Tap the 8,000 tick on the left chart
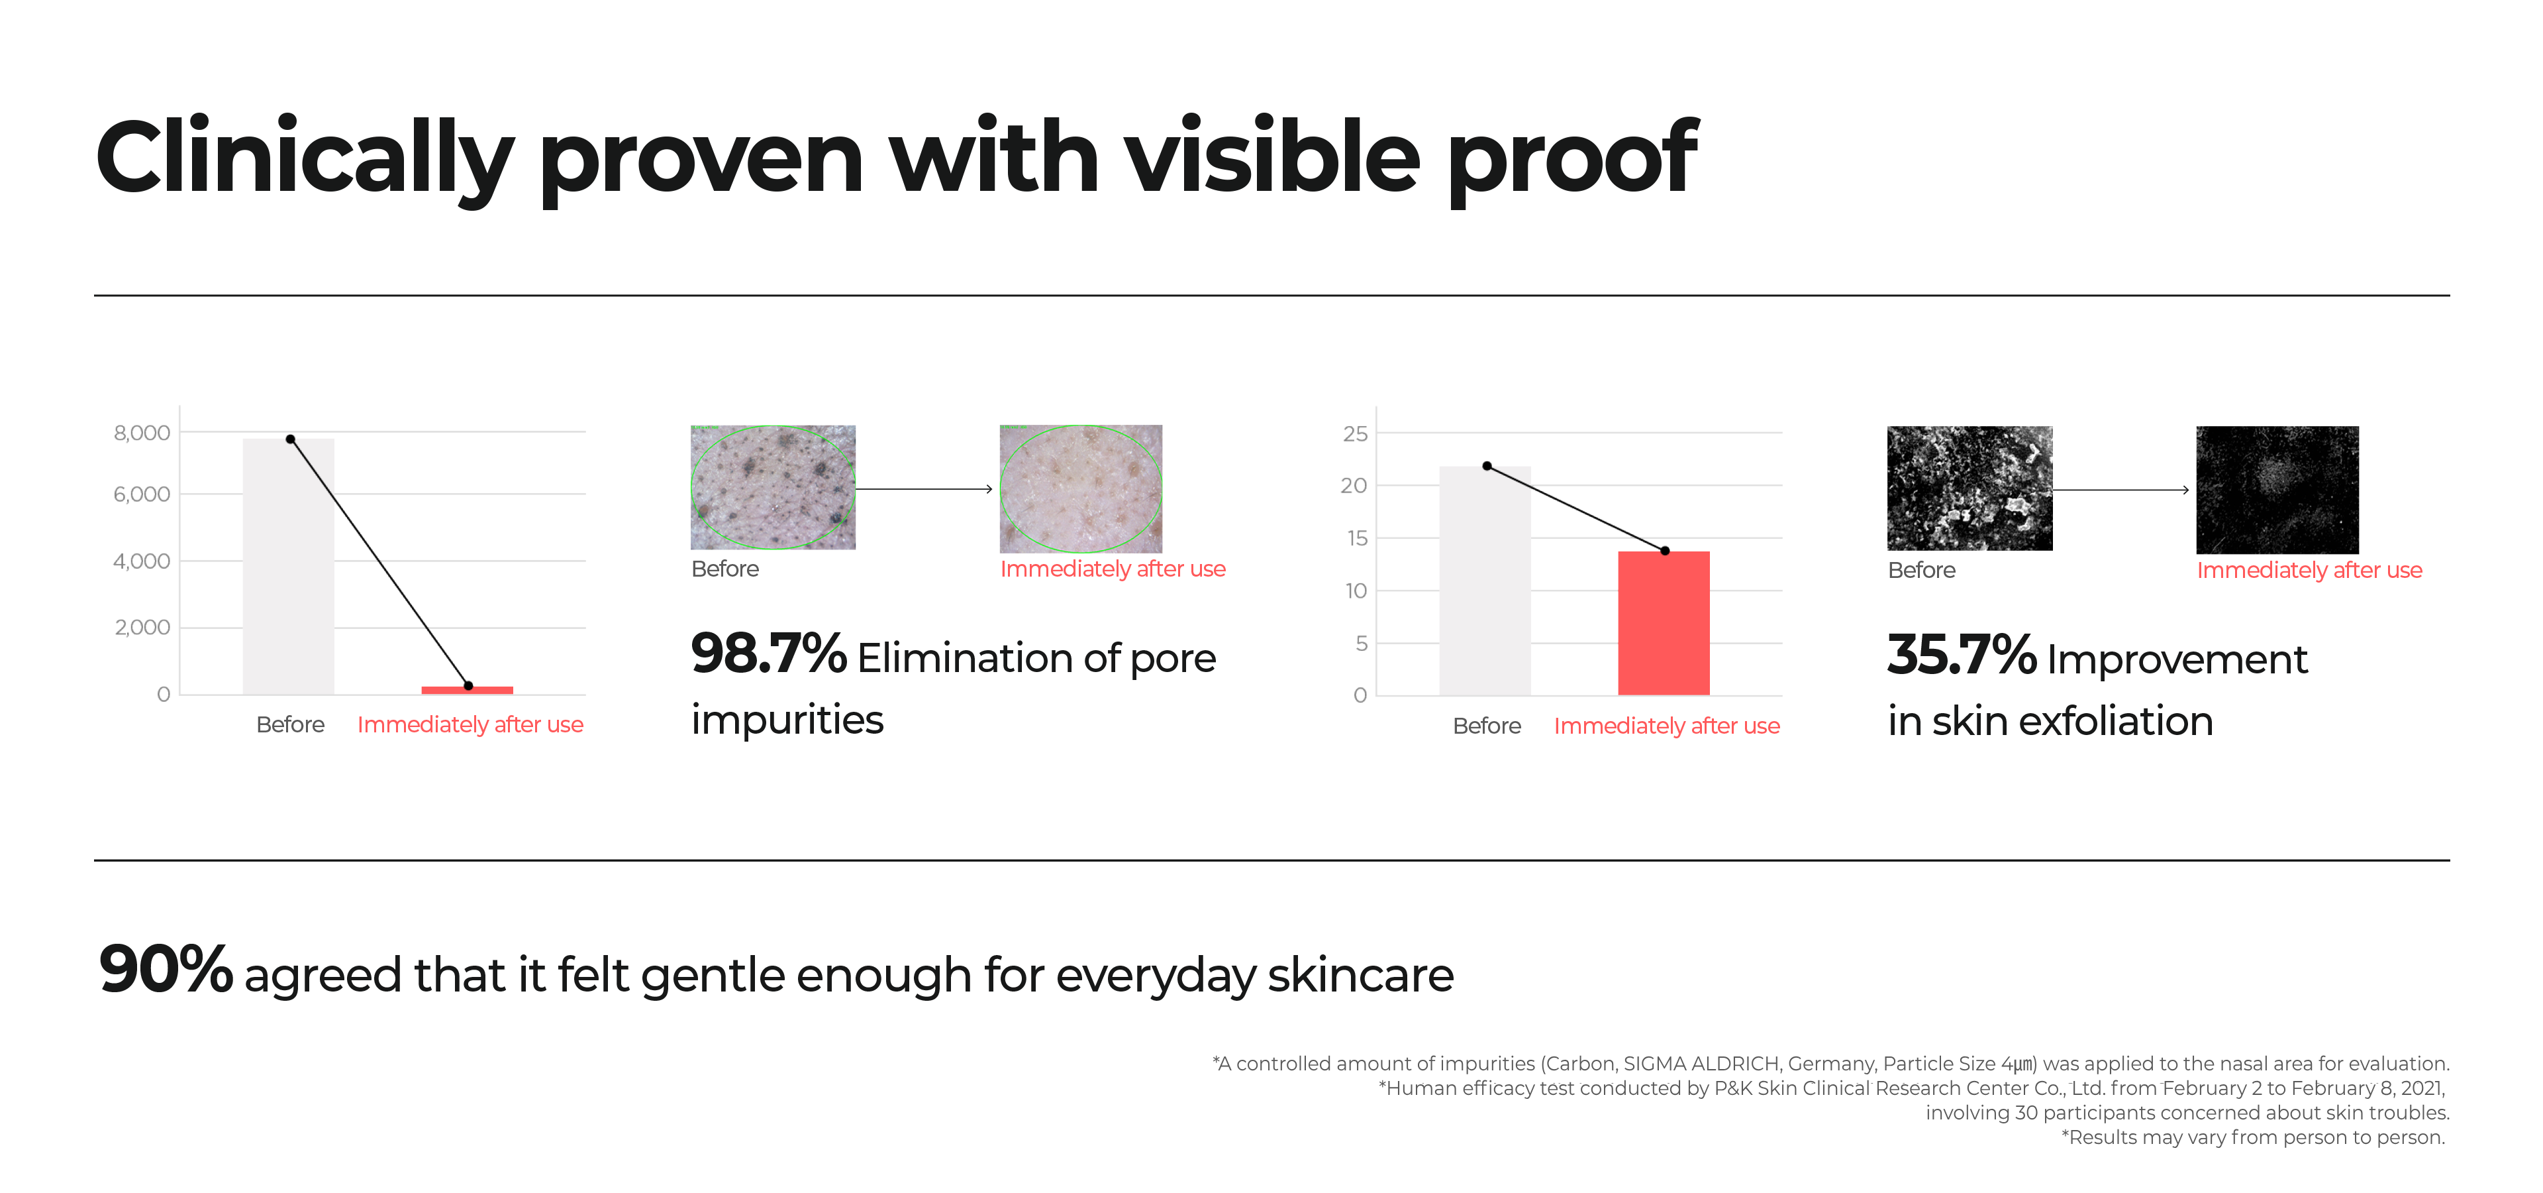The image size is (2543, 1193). point(142,433)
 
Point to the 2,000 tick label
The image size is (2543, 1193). point(142,627)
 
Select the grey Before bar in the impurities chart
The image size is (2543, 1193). point(288,566)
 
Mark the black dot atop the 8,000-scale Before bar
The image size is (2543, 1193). point(290,439)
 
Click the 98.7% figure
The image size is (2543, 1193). point(768,653)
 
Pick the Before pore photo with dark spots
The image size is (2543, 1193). point(773,487)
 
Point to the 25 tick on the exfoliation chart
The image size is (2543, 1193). point(1356,433)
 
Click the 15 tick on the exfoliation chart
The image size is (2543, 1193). point(1358,538)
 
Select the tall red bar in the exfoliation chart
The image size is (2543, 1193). point(1664,623)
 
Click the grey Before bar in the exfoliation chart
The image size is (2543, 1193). point(1485,581)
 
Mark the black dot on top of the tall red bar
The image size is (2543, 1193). point(1666,551)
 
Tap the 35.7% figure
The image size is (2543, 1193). point(1962,655)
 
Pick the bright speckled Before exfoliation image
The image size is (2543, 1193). point(1970,488)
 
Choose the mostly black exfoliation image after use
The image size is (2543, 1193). point(2277,490)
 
